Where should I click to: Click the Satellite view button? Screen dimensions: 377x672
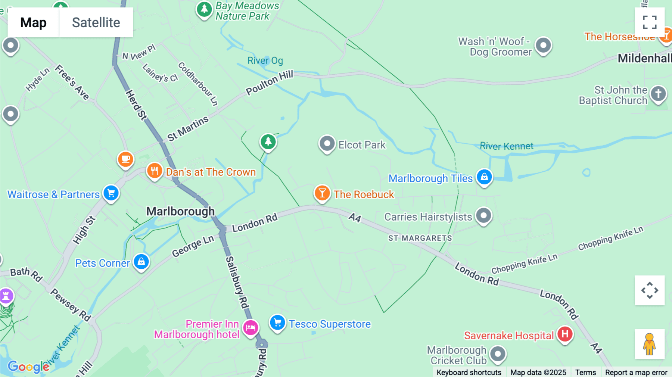[x=96, y=22]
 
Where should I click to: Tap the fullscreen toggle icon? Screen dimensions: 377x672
[x=650, y=22]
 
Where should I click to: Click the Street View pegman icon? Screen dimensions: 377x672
[x=650, y=344]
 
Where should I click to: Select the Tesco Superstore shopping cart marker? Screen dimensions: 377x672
[x=277, y=323]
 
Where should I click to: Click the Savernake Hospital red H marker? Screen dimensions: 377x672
[x=565, y=334]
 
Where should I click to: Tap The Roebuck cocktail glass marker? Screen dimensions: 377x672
[x=322, y=193]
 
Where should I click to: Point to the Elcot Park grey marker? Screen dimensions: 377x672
[x=327, y=143]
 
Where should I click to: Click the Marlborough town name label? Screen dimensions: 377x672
[x=180, y=211]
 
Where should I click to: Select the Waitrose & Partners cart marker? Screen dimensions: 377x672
[x=111, y=193]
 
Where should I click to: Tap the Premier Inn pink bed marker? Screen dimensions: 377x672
[x=251, y=327]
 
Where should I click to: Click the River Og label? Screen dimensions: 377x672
[x=265, y=60]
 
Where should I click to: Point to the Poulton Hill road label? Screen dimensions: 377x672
[x=269, y=82]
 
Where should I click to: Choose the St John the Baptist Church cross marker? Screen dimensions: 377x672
[x=658, y=93]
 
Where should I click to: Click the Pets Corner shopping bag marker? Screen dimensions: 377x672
[x=141, y=262]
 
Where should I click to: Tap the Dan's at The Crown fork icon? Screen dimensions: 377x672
[x=154, y=171]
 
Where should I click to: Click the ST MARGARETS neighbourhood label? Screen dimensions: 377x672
[x=420, y=238]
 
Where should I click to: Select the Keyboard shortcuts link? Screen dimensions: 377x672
[x=469, y=372]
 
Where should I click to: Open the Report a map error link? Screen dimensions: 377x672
[x=636, y=372]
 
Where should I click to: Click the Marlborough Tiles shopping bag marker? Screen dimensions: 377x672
[x=484, y=177]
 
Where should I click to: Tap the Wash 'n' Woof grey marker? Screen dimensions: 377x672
[x=543, y=46]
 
